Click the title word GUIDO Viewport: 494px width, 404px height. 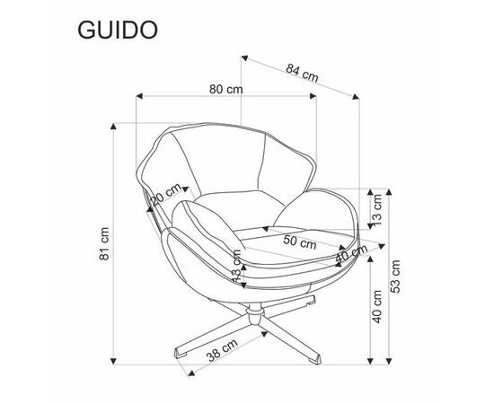point(118,31)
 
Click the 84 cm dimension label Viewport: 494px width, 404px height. point(302,73)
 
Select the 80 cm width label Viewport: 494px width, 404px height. point(226,90)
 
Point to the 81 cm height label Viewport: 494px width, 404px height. point(104,243)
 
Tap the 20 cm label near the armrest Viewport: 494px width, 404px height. point(166,194)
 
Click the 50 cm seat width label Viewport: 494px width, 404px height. point(299,242)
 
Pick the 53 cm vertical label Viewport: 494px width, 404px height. point(395,277)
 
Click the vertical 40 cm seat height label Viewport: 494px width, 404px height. point(377,307)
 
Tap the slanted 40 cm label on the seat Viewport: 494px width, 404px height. point(351,253)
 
